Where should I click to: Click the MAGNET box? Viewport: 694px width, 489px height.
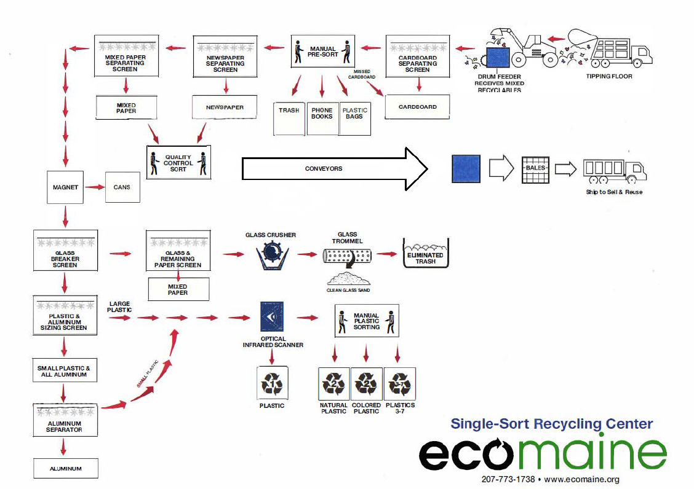pos(65,187)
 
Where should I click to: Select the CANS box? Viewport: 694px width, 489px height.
pos(122,187)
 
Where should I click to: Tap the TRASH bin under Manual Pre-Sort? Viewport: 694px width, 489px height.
pos(289,118)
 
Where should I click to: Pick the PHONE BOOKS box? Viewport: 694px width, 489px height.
pos(322,118)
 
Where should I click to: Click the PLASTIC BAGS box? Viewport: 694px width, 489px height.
pos(355,118)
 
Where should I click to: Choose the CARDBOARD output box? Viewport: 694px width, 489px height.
pos(417,107)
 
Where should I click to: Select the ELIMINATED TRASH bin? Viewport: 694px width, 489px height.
pos(425,254)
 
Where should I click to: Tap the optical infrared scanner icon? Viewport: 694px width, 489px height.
pos(272,317)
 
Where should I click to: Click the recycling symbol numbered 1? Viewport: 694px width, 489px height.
pos(271,385)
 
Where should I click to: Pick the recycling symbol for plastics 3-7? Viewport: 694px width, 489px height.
pos(400,385)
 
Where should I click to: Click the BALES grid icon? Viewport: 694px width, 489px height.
pos(535,168)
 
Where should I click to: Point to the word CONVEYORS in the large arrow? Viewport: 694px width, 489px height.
pos(324,168)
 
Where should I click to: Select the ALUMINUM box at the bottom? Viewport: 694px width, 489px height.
pos(65,469)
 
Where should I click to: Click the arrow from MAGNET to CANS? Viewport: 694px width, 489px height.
pos(94,187)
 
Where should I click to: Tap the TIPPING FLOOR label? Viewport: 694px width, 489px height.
pos(608,76)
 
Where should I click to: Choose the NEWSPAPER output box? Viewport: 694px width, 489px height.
pos(225,108)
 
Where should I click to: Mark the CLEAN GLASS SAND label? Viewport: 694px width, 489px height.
pos(348,290)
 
